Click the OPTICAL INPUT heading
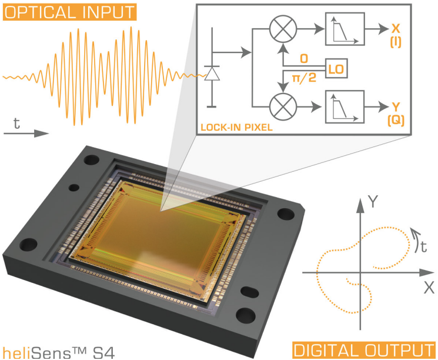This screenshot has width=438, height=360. point(69,11)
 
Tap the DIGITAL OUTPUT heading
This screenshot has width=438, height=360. point(363,349)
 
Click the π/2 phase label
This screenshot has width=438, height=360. point(296,78)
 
